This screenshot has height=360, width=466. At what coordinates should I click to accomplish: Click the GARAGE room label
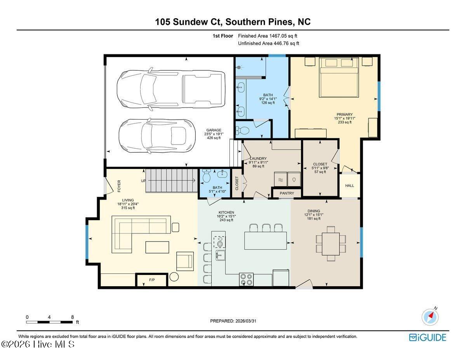[x=214, y=130]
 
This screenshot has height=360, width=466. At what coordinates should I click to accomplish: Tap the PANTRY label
[x=287, y=193]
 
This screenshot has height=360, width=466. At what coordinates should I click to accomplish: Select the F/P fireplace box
[x=151, y=280]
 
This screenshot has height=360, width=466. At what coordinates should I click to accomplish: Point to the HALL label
[x=349, y=186]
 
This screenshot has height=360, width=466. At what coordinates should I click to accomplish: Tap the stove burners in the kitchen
[x=247, y=280]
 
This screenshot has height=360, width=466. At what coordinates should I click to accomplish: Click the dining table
[x=331, y=243]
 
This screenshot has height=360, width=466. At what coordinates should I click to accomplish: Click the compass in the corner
[x=430, y=317]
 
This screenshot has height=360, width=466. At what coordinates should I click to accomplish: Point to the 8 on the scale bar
[x=73, y=317]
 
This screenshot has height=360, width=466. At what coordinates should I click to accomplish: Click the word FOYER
[x=119, y=186]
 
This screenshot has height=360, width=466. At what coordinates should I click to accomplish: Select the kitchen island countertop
[x=266, y=240]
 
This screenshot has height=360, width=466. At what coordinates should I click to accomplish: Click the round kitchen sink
[x=219, y=244]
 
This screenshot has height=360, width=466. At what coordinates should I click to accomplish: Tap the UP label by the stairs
[x=143, y=181]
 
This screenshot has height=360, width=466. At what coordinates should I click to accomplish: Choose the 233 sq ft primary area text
[x=344, y=122]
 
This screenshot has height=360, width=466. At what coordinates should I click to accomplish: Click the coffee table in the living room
[x=157, y=247]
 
